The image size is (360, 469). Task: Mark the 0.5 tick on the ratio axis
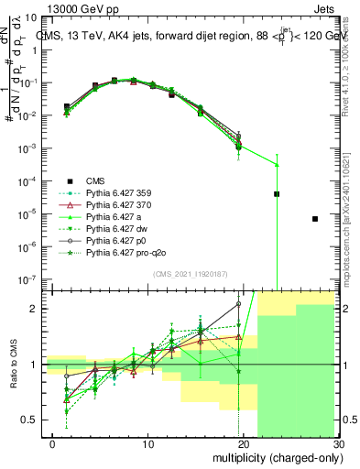pos(33,420)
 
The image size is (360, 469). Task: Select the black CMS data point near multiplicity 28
pos(315,219)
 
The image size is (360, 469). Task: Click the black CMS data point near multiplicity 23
pos(277,194)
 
